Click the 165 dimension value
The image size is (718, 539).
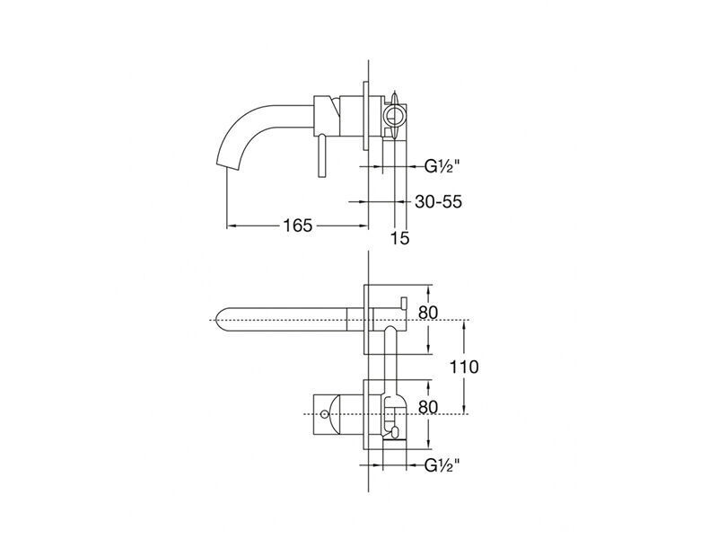tap(298, 225)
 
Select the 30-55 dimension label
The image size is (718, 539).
tap(438, 201)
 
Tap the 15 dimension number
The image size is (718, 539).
tap(399, 238)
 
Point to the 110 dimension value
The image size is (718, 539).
tap(464, 367)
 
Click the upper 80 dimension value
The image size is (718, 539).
tap(428, 313)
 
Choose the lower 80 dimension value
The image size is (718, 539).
tap(428, 407)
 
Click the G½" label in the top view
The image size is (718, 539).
tap(442, 166)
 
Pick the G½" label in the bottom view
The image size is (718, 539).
tap(442, 466)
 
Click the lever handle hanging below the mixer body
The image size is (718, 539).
tap(323, 155)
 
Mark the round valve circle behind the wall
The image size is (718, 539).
tap(395, 115)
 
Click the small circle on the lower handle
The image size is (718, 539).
tap(325, 414)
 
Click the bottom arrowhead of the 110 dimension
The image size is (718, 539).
tap(464, 411)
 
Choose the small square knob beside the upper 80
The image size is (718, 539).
tap(403, 303)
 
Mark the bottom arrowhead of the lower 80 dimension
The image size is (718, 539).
tap(429, 444)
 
